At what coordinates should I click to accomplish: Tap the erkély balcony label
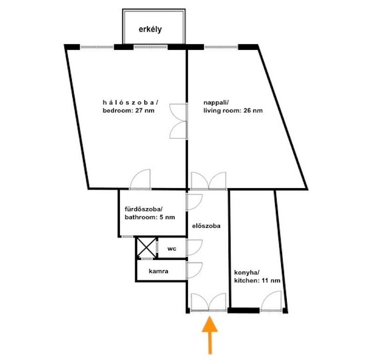150,29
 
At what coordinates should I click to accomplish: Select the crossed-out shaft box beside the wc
146,248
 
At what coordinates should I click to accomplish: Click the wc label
172,249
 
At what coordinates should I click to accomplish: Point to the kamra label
159,271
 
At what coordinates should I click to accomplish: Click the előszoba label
206,226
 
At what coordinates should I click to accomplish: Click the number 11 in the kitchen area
265,280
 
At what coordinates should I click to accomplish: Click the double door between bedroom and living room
179,121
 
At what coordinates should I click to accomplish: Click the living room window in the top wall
221,48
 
